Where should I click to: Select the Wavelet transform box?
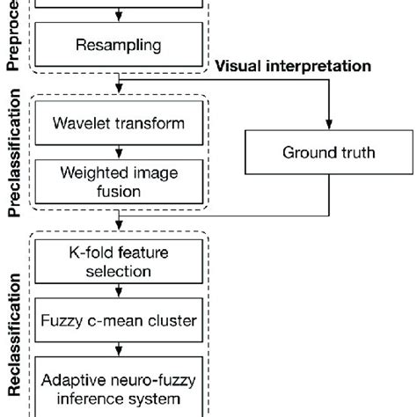pyautogui.click(x=121, y=123)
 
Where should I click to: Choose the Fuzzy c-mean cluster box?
pyautogui.click(x=121, y=322)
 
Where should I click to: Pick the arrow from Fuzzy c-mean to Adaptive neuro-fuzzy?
pyautogui.click(x=121, y=349)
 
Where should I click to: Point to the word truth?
pyautogui.click(x=358, y=152)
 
